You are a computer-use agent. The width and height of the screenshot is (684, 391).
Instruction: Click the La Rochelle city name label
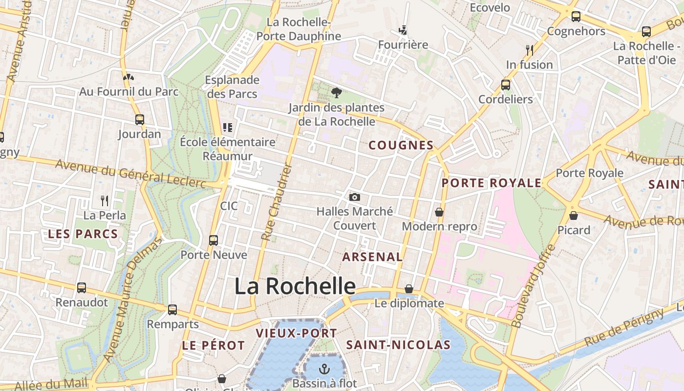coord(295,286)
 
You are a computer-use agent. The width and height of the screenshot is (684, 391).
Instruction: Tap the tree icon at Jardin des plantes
coord(336,92)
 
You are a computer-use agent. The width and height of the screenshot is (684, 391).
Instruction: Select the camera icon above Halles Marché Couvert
coord(355,197)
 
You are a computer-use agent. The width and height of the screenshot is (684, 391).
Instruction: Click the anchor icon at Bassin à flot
coord(324,369)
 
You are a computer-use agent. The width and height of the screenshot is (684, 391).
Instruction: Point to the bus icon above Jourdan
coord(140,119)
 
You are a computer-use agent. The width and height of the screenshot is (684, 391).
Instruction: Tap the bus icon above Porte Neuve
coord(214,240)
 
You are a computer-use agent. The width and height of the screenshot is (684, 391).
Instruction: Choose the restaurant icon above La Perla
coord(105,200)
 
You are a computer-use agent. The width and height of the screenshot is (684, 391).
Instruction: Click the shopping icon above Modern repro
coord(439,212)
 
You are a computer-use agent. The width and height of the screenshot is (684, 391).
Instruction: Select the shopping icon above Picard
coord(574,215)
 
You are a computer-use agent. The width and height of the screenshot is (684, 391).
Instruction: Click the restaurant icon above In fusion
coord(529,50)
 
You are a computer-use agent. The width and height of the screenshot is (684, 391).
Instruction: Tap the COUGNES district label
coord(401,145)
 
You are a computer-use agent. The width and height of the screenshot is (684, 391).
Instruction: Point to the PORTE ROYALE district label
coord(492,183)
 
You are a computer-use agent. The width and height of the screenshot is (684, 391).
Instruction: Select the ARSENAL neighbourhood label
coord(372,257)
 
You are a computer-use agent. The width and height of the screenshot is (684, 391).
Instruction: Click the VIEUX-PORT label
coord(297,333)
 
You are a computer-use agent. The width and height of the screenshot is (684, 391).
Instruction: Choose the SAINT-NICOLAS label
coord(398,345)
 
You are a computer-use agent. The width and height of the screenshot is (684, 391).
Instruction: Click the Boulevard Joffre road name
coord(534,286)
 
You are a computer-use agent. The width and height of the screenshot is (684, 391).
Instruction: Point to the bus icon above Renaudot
coord(82,288)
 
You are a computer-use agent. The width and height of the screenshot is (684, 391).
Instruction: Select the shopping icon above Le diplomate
coord(409,289)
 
